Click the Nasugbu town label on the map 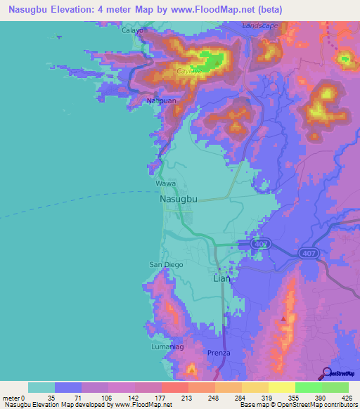coord(174,199)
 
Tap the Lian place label coord(221,278)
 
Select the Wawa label coord(165,183)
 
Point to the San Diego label coord(166,264)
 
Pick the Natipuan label coord(160,101)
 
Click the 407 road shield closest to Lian coord(262,244)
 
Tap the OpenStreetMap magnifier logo coord(328,372)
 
